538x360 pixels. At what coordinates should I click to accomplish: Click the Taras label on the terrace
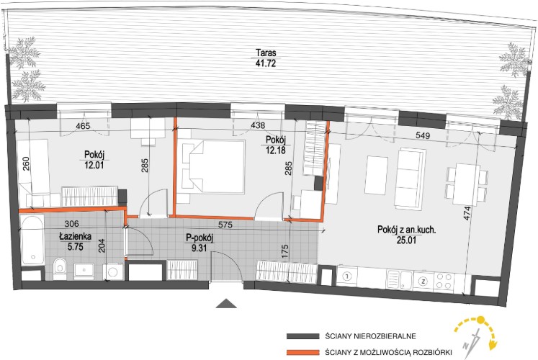[266, 53]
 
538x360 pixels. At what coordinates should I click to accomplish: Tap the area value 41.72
[266, 63]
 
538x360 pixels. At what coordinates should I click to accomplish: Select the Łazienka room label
[75, 237]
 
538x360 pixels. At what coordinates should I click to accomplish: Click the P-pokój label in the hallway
[199, 238]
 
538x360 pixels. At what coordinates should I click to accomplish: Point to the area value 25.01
[407, 240]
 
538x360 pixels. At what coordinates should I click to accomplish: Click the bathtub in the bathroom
[32, 240]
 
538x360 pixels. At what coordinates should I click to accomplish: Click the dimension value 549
[423, 135]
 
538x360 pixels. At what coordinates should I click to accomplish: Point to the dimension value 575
[225, 225]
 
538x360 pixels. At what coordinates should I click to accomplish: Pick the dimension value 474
[467, 213]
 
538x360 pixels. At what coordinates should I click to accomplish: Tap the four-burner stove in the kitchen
[444, 281]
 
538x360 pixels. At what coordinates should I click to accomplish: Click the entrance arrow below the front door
[226, 303]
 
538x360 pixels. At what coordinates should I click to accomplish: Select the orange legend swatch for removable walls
[302, 352]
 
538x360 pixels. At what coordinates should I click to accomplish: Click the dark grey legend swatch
[302, 336]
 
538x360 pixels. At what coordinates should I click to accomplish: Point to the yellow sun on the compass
[480, 320]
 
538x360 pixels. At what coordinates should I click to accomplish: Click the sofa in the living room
[410, 179]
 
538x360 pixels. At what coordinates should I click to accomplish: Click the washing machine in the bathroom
[113, 272]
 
